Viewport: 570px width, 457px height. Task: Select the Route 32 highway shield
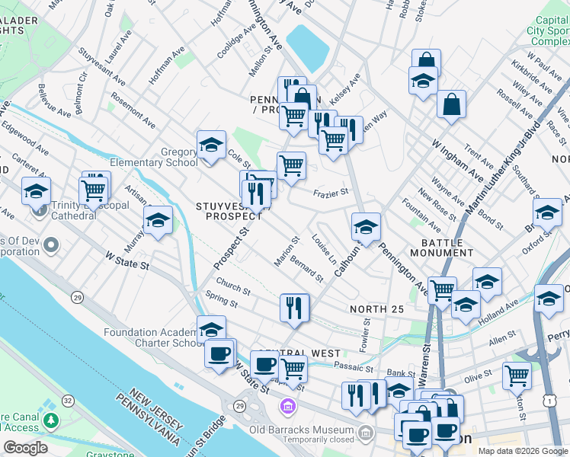click(x=69, y=400)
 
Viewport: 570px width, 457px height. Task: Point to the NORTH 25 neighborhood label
click(x=376, y=308)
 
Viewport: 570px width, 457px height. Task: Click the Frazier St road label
click(x=331, y=193)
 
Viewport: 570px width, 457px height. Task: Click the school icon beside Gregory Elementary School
click(x=211, y=144)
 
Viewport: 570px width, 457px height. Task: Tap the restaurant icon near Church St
click(x=294, y=307)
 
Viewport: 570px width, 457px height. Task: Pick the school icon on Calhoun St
click(x=366, y=226)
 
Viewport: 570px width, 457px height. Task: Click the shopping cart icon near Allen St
click(x=517, y=376)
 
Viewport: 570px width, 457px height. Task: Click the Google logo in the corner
click(x=25, y=448)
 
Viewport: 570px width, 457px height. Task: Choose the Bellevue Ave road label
click(x=55, y=101)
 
